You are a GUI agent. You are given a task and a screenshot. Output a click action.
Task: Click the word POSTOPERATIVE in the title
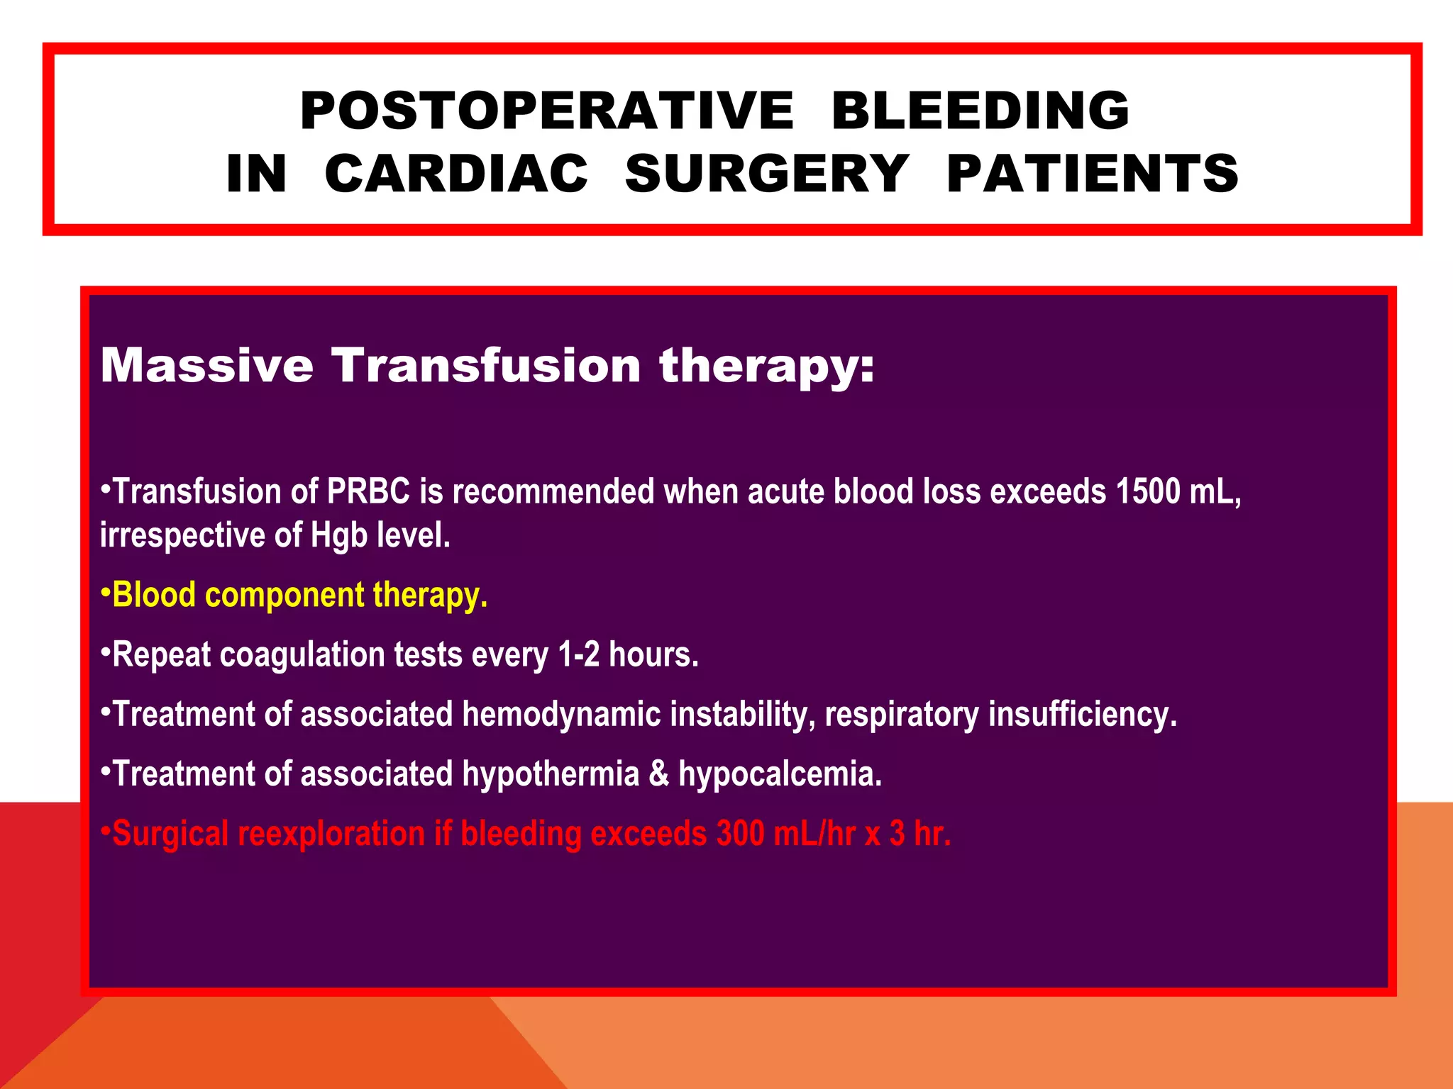546,111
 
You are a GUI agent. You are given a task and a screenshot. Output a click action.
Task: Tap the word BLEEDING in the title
980,111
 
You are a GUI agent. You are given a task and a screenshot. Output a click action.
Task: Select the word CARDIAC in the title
456,174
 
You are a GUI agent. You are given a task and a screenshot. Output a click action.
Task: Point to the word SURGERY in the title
766,174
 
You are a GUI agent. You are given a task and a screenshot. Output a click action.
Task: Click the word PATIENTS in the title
1093,174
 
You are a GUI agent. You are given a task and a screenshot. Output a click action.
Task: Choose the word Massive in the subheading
206,366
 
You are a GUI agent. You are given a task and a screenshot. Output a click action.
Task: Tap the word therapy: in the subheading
767,367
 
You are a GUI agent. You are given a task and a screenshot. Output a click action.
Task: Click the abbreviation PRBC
368,491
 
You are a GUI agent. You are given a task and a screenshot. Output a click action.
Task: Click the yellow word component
284,596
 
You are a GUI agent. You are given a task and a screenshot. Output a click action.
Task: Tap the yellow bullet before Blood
105,591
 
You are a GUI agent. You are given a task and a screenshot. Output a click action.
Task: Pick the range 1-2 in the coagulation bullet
578,654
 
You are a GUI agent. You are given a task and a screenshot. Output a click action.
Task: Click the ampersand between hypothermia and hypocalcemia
658,774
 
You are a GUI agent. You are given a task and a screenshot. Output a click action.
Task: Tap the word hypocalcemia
780,774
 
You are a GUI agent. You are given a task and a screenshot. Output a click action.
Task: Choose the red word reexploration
331,834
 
